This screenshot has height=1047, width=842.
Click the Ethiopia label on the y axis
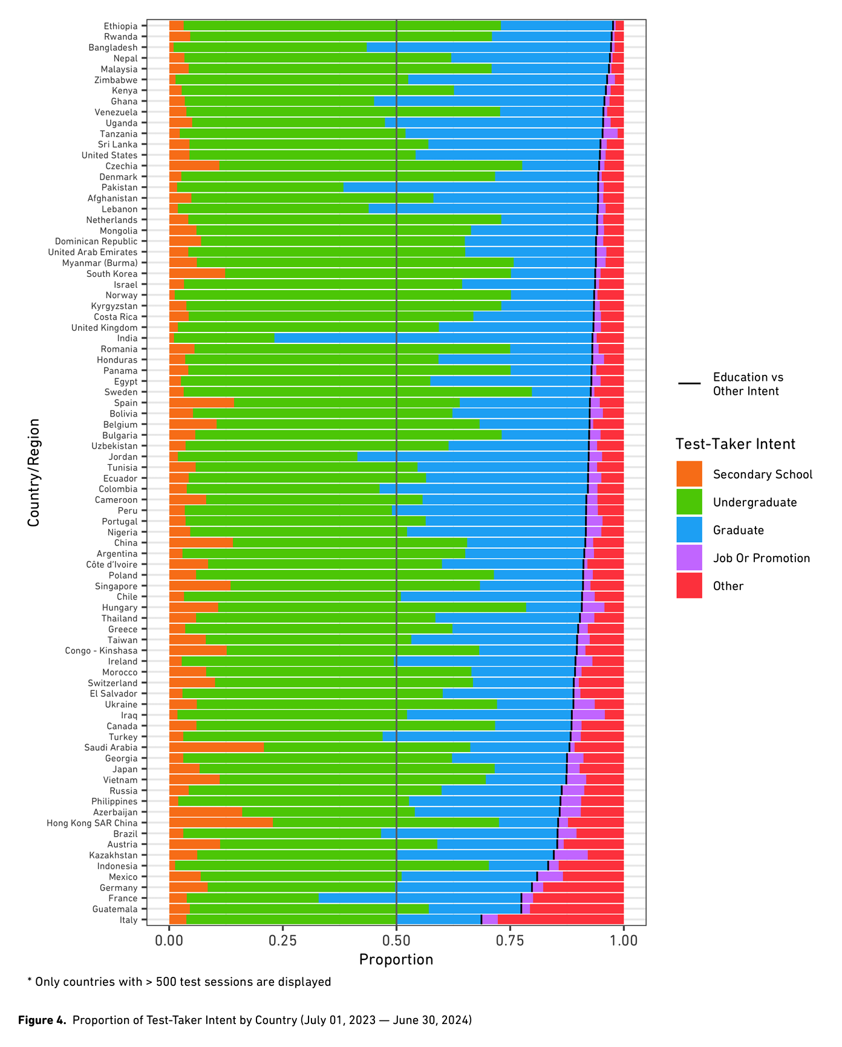120,26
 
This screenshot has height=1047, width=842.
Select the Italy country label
129,920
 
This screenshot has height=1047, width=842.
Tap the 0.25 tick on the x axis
283,941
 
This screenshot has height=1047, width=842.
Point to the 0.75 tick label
510,941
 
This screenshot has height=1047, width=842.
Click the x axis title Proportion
396,960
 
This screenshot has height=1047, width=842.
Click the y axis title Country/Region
34,472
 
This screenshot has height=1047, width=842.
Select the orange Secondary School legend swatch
689,474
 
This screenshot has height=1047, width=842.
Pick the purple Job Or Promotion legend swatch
689,557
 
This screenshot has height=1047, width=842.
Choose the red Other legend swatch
689,585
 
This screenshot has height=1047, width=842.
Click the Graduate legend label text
738,530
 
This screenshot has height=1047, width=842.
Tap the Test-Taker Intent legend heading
735,444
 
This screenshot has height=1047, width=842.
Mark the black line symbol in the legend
689,384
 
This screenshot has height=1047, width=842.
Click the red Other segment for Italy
560,920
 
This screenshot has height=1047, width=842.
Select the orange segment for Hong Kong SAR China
221,823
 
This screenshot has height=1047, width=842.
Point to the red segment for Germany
583,887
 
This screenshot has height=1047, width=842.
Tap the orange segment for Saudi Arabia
216,747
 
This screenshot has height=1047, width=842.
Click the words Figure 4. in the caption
42,1020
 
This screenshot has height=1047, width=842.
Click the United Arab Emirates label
93,252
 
